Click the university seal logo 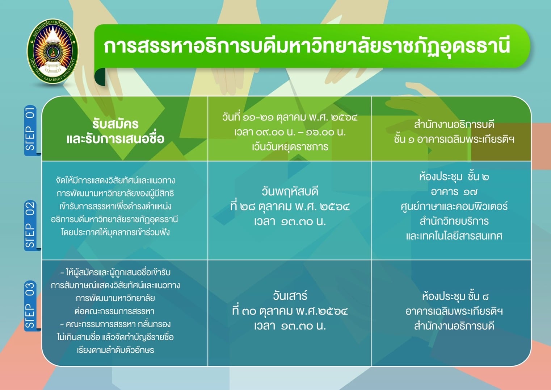(x=52, y=51)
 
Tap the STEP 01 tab (x=30, y=130)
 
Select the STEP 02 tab (x=30, y=225)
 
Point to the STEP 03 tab (x=30, y=306)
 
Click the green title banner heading (x=307, y=47)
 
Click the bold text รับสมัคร (x=115, y=124)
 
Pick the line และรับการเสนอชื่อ (x=115, y=138)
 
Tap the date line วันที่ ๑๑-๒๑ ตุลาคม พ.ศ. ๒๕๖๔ (x=290, y=117)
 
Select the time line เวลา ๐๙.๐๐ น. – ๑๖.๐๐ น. (x=290, y=132)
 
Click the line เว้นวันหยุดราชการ (x=290, y=147)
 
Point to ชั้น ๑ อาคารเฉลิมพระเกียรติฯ (x=454, y=139)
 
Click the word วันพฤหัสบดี (x=290, y=191)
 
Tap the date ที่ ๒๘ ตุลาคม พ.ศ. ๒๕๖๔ (x=290, y=206)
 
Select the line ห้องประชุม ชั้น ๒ (x=454, y=177)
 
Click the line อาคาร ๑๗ (x=454, y=191)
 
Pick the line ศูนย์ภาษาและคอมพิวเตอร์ (x=454, y=206)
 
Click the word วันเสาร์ (x=290, y=296)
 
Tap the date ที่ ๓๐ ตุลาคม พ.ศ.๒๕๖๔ (x=290, y=311)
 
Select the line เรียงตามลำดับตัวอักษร (x=115, y=350)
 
